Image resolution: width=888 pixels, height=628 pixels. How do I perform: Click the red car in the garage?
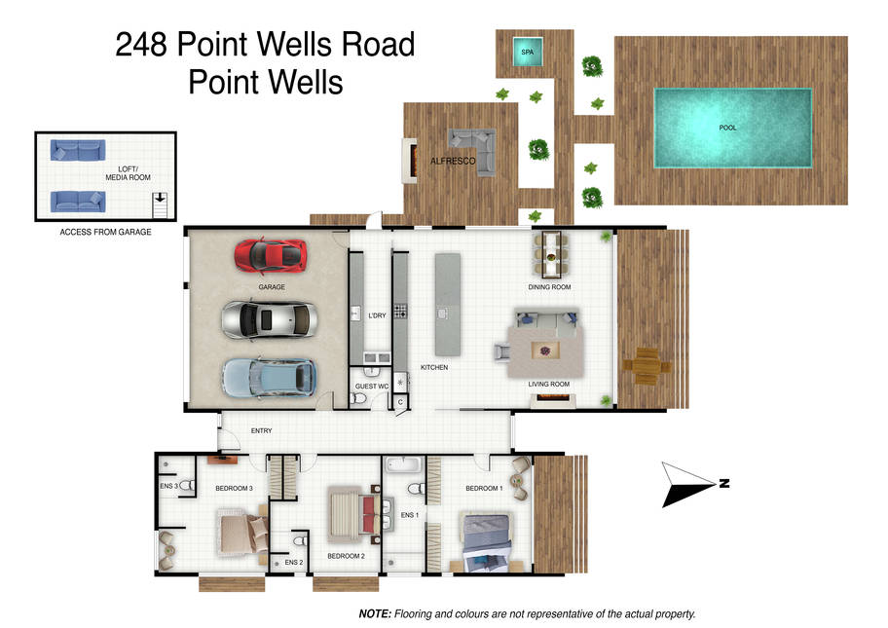(x=271, y=256)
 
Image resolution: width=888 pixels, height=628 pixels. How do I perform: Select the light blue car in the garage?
(x=269, y=378)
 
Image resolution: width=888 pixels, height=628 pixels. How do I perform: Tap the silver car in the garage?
(x=269, y=320)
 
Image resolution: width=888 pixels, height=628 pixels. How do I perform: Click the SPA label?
(x=528, y=53)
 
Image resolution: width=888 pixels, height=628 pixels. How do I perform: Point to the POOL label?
(x=727, y=128)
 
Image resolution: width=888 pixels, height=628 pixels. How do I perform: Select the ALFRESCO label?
(x=453, y=162)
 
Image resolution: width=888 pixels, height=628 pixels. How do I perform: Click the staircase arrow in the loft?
(x=161, y=198)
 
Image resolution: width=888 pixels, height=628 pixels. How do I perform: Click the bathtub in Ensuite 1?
(x=403, y=465)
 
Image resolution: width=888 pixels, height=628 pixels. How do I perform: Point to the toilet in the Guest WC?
(x=358, y=398)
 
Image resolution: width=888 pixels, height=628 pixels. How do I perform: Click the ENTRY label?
(x=261, y=431)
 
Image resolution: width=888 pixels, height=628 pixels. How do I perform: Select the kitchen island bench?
(x=447, y=305)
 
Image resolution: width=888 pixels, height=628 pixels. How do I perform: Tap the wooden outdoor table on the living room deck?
(x=647, y=366)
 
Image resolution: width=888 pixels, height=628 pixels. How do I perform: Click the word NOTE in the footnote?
(x=375, y=613)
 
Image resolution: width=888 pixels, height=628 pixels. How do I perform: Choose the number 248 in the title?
(x=141, y=44)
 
